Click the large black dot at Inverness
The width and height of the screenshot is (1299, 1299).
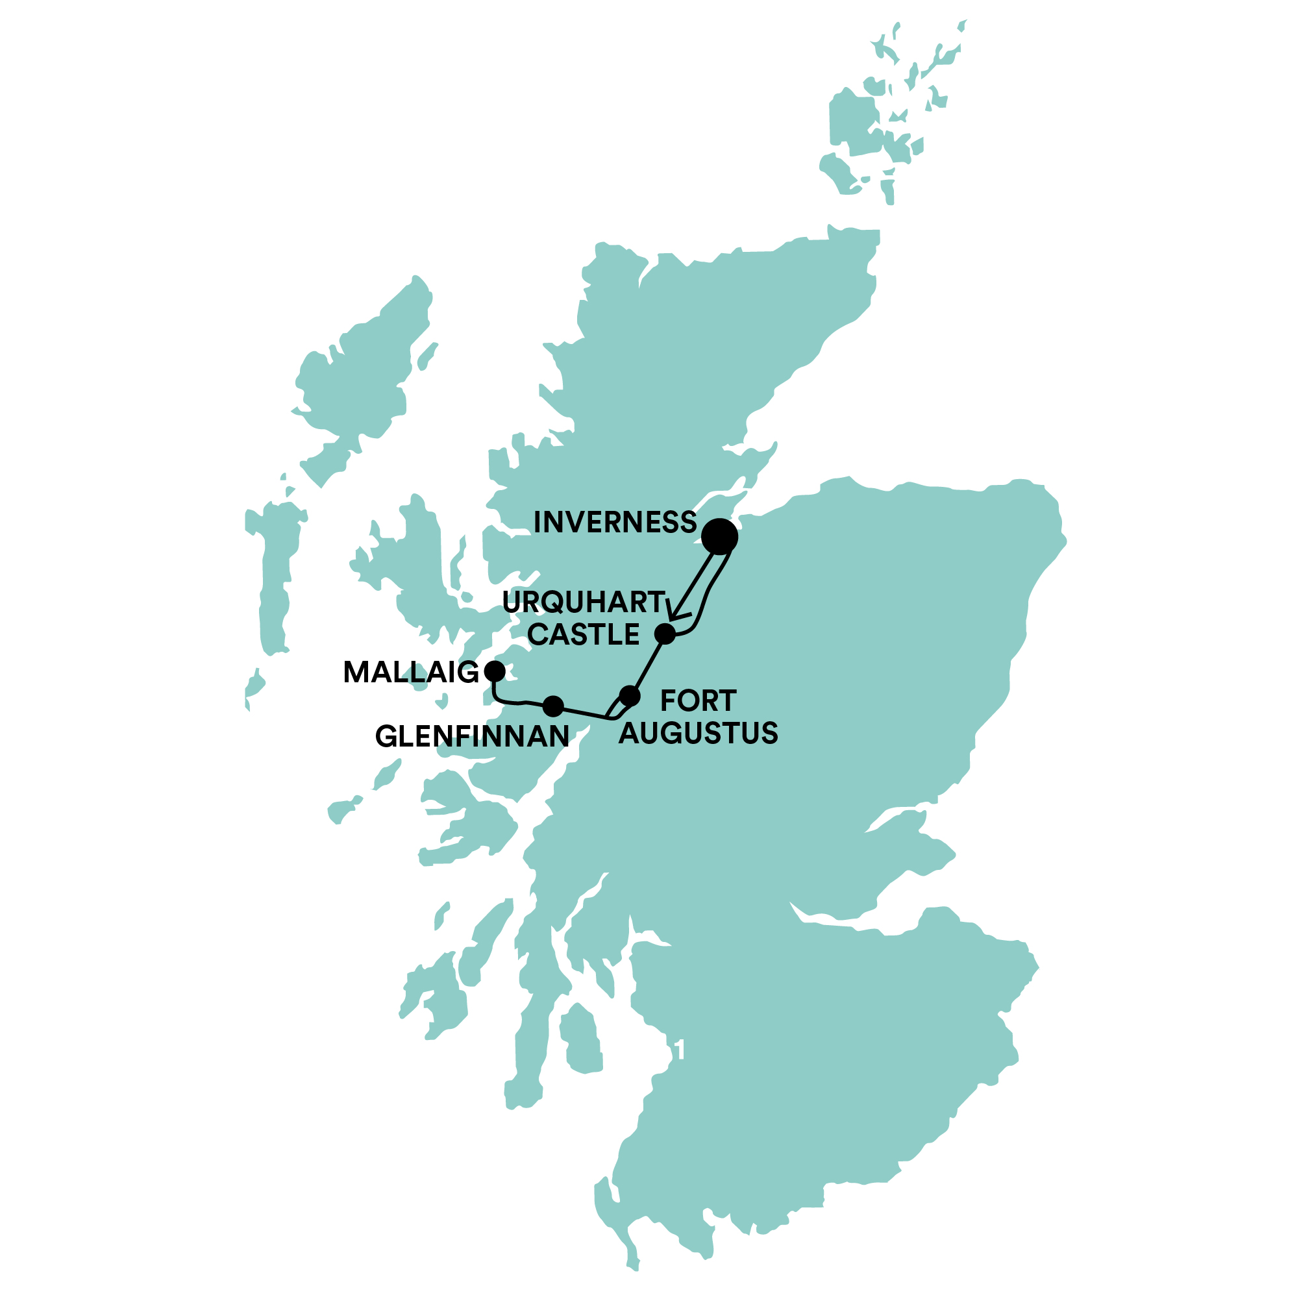[x=719, y=536]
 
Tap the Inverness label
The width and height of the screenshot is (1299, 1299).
[x=615, y=523]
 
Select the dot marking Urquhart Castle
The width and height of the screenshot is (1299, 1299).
[x=664, y=634]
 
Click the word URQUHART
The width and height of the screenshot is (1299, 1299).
[x=584, y=602]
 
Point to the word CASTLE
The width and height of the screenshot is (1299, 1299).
[x=584, y=635]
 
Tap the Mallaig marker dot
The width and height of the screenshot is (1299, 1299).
[x=495, y=671]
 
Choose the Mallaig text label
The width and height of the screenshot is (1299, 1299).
[x=411, y=673]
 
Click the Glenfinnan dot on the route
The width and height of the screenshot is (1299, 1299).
[x=552, y=706]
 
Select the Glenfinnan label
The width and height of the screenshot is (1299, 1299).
[x=472, y=737]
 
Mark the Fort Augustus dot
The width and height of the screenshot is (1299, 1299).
[x=629, y=696]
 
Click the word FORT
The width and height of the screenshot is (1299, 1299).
[x=698, y=701]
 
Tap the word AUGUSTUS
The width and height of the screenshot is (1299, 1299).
[x=698, y=733]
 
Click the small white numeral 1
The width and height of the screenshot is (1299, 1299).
[x=680, y=1050]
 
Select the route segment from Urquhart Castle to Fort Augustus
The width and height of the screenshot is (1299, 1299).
[x=647, y=664]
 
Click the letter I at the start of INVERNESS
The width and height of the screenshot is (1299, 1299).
[x=538, y=523]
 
